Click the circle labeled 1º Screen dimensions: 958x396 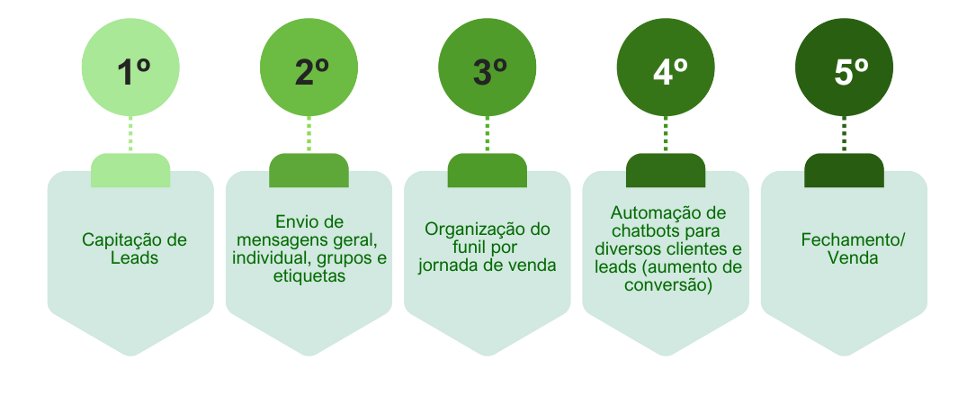coord(130,67)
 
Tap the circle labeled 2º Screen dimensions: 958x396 coord(309,67)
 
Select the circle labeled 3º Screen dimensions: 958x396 coord(488,67)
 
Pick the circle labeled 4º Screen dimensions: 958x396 coord(666,67)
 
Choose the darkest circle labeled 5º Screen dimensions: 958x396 coord(845,67)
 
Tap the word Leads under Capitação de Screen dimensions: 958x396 coord(134,258)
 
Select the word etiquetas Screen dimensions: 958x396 coord(309,276)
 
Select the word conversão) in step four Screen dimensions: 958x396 coord(668,285)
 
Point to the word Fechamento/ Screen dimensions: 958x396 coord(854,240)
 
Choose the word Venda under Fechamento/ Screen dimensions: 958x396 coord(853,258)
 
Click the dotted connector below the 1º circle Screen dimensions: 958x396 coord(130,134)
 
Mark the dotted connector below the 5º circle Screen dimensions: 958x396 coord(845,134)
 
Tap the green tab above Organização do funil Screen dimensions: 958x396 coord(488,170)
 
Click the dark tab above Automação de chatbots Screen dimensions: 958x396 coord(666,170)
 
